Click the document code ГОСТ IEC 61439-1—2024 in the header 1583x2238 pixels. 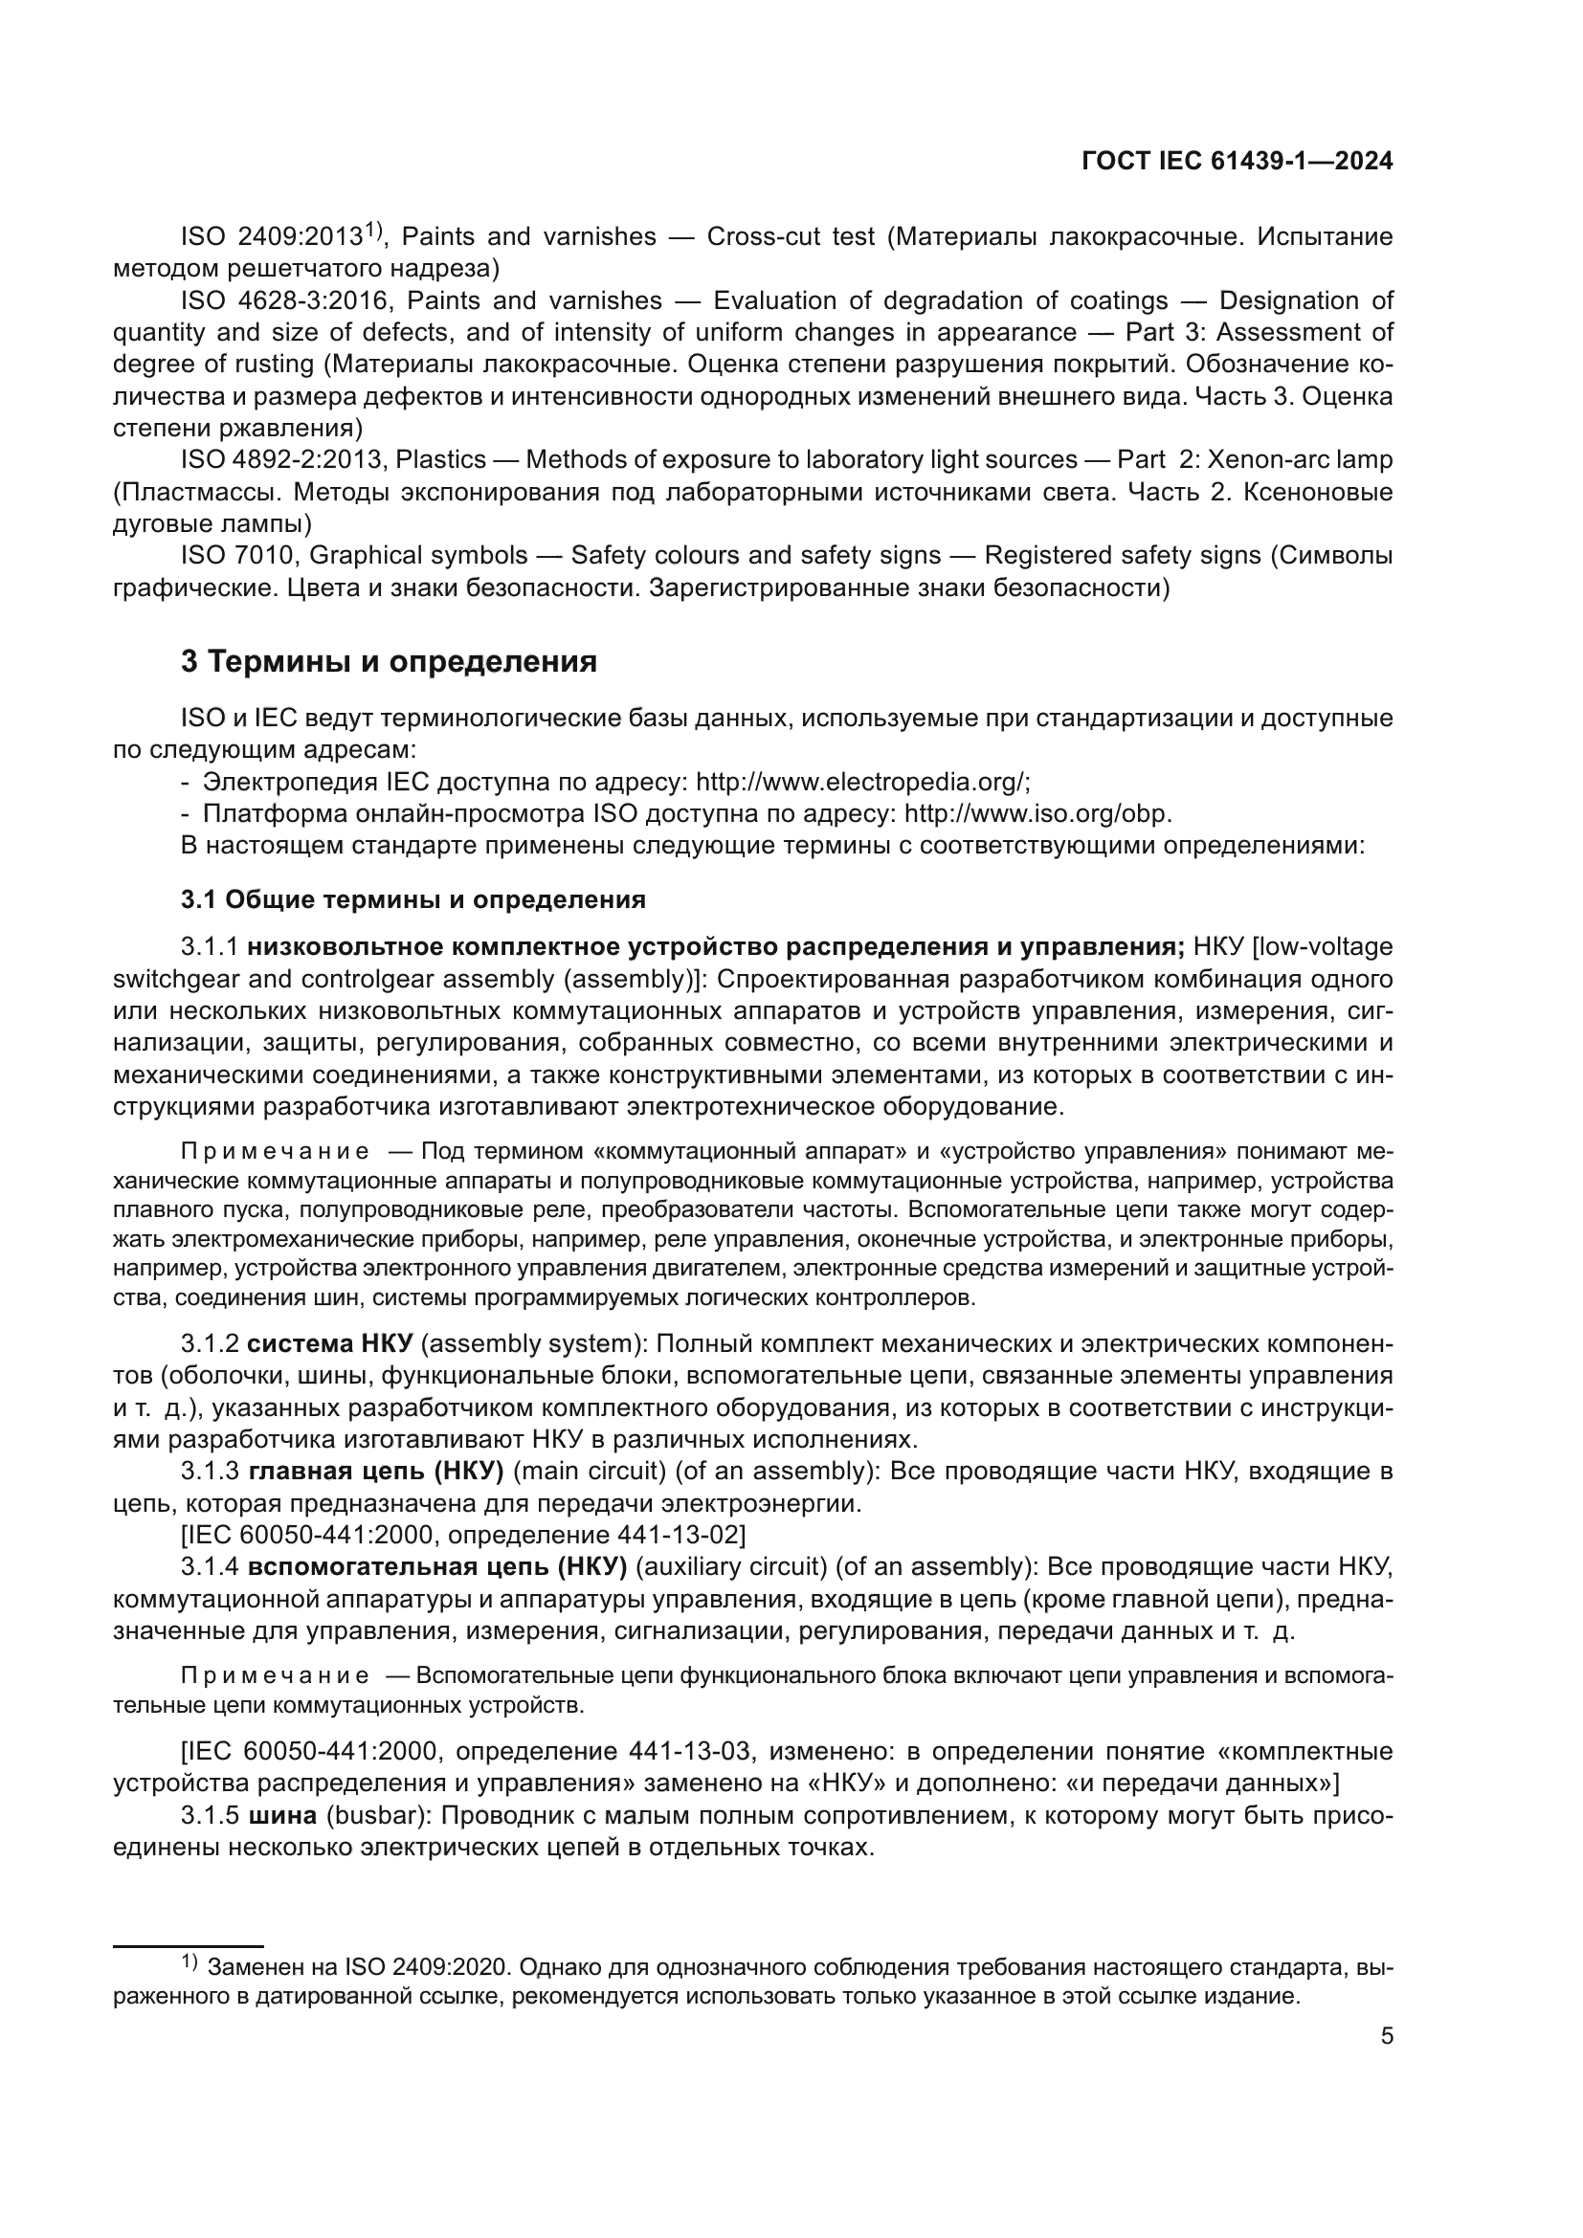(1236, 162)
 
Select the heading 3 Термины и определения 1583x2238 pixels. (389, 662)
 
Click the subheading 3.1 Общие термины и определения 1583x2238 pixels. (413, 898)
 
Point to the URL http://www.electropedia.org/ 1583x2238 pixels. (861, 782)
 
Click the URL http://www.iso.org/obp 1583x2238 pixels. (1038, 814)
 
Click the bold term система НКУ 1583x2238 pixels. (330, 1343)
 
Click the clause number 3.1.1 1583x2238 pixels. (210, 946)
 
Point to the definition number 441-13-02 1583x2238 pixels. (680, 1535)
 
